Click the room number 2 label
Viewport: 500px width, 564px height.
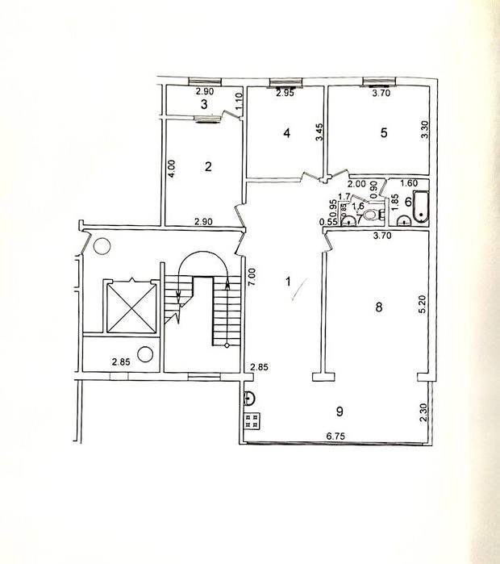[x=208, y=167]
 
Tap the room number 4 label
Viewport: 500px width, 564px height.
[x=286, y=134]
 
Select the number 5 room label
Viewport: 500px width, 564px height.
[x=384, y=134]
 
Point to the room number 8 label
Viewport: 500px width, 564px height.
[x=377, y=307]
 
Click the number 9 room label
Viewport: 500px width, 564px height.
[x=340, y=412]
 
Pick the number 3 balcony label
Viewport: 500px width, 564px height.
[x=204, y=105]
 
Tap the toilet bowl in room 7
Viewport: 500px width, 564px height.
[x=372, y=215]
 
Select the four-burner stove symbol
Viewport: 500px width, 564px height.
[x=251, y=420]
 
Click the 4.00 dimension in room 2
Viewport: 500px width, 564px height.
[x=171, y=168]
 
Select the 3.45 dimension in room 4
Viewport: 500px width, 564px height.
[x=319, y=132]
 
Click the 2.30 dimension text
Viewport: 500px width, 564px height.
[x=423, y=413]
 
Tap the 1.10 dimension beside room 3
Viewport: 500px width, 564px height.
[x=239, y=102]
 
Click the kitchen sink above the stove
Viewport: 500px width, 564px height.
[x=250, y=397]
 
